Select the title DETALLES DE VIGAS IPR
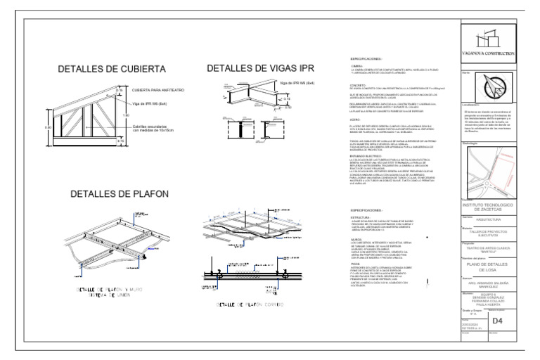click(260, 68)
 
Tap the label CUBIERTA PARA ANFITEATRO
click(157, 91)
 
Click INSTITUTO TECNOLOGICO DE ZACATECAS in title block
click(492, 207)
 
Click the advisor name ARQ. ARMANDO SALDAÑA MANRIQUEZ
click(492, 284)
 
